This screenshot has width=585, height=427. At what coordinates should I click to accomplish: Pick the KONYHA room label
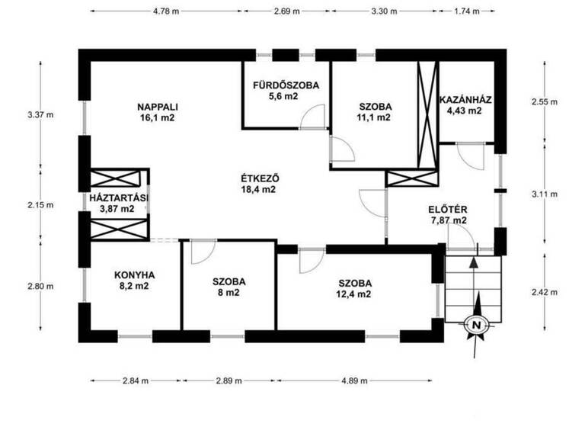tap(135, 275)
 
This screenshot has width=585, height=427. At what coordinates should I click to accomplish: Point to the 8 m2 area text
tap(229, 292)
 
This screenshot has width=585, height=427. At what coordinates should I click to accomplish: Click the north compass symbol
tap(476, 325)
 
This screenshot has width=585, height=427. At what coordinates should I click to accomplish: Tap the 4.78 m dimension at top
tap(166, 11)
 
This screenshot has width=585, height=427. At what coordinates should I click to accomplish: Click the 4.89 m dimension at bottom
tap(354, 380)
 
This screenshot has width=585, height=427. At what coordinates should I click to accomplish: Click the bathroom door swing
tap(312, 118)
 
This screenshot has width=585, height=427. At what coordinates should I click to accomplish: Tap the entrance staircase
tap(474, 286)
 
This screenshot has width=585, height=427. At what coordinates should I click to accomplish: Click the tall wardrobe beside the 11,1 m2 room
tap(427, 114)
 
